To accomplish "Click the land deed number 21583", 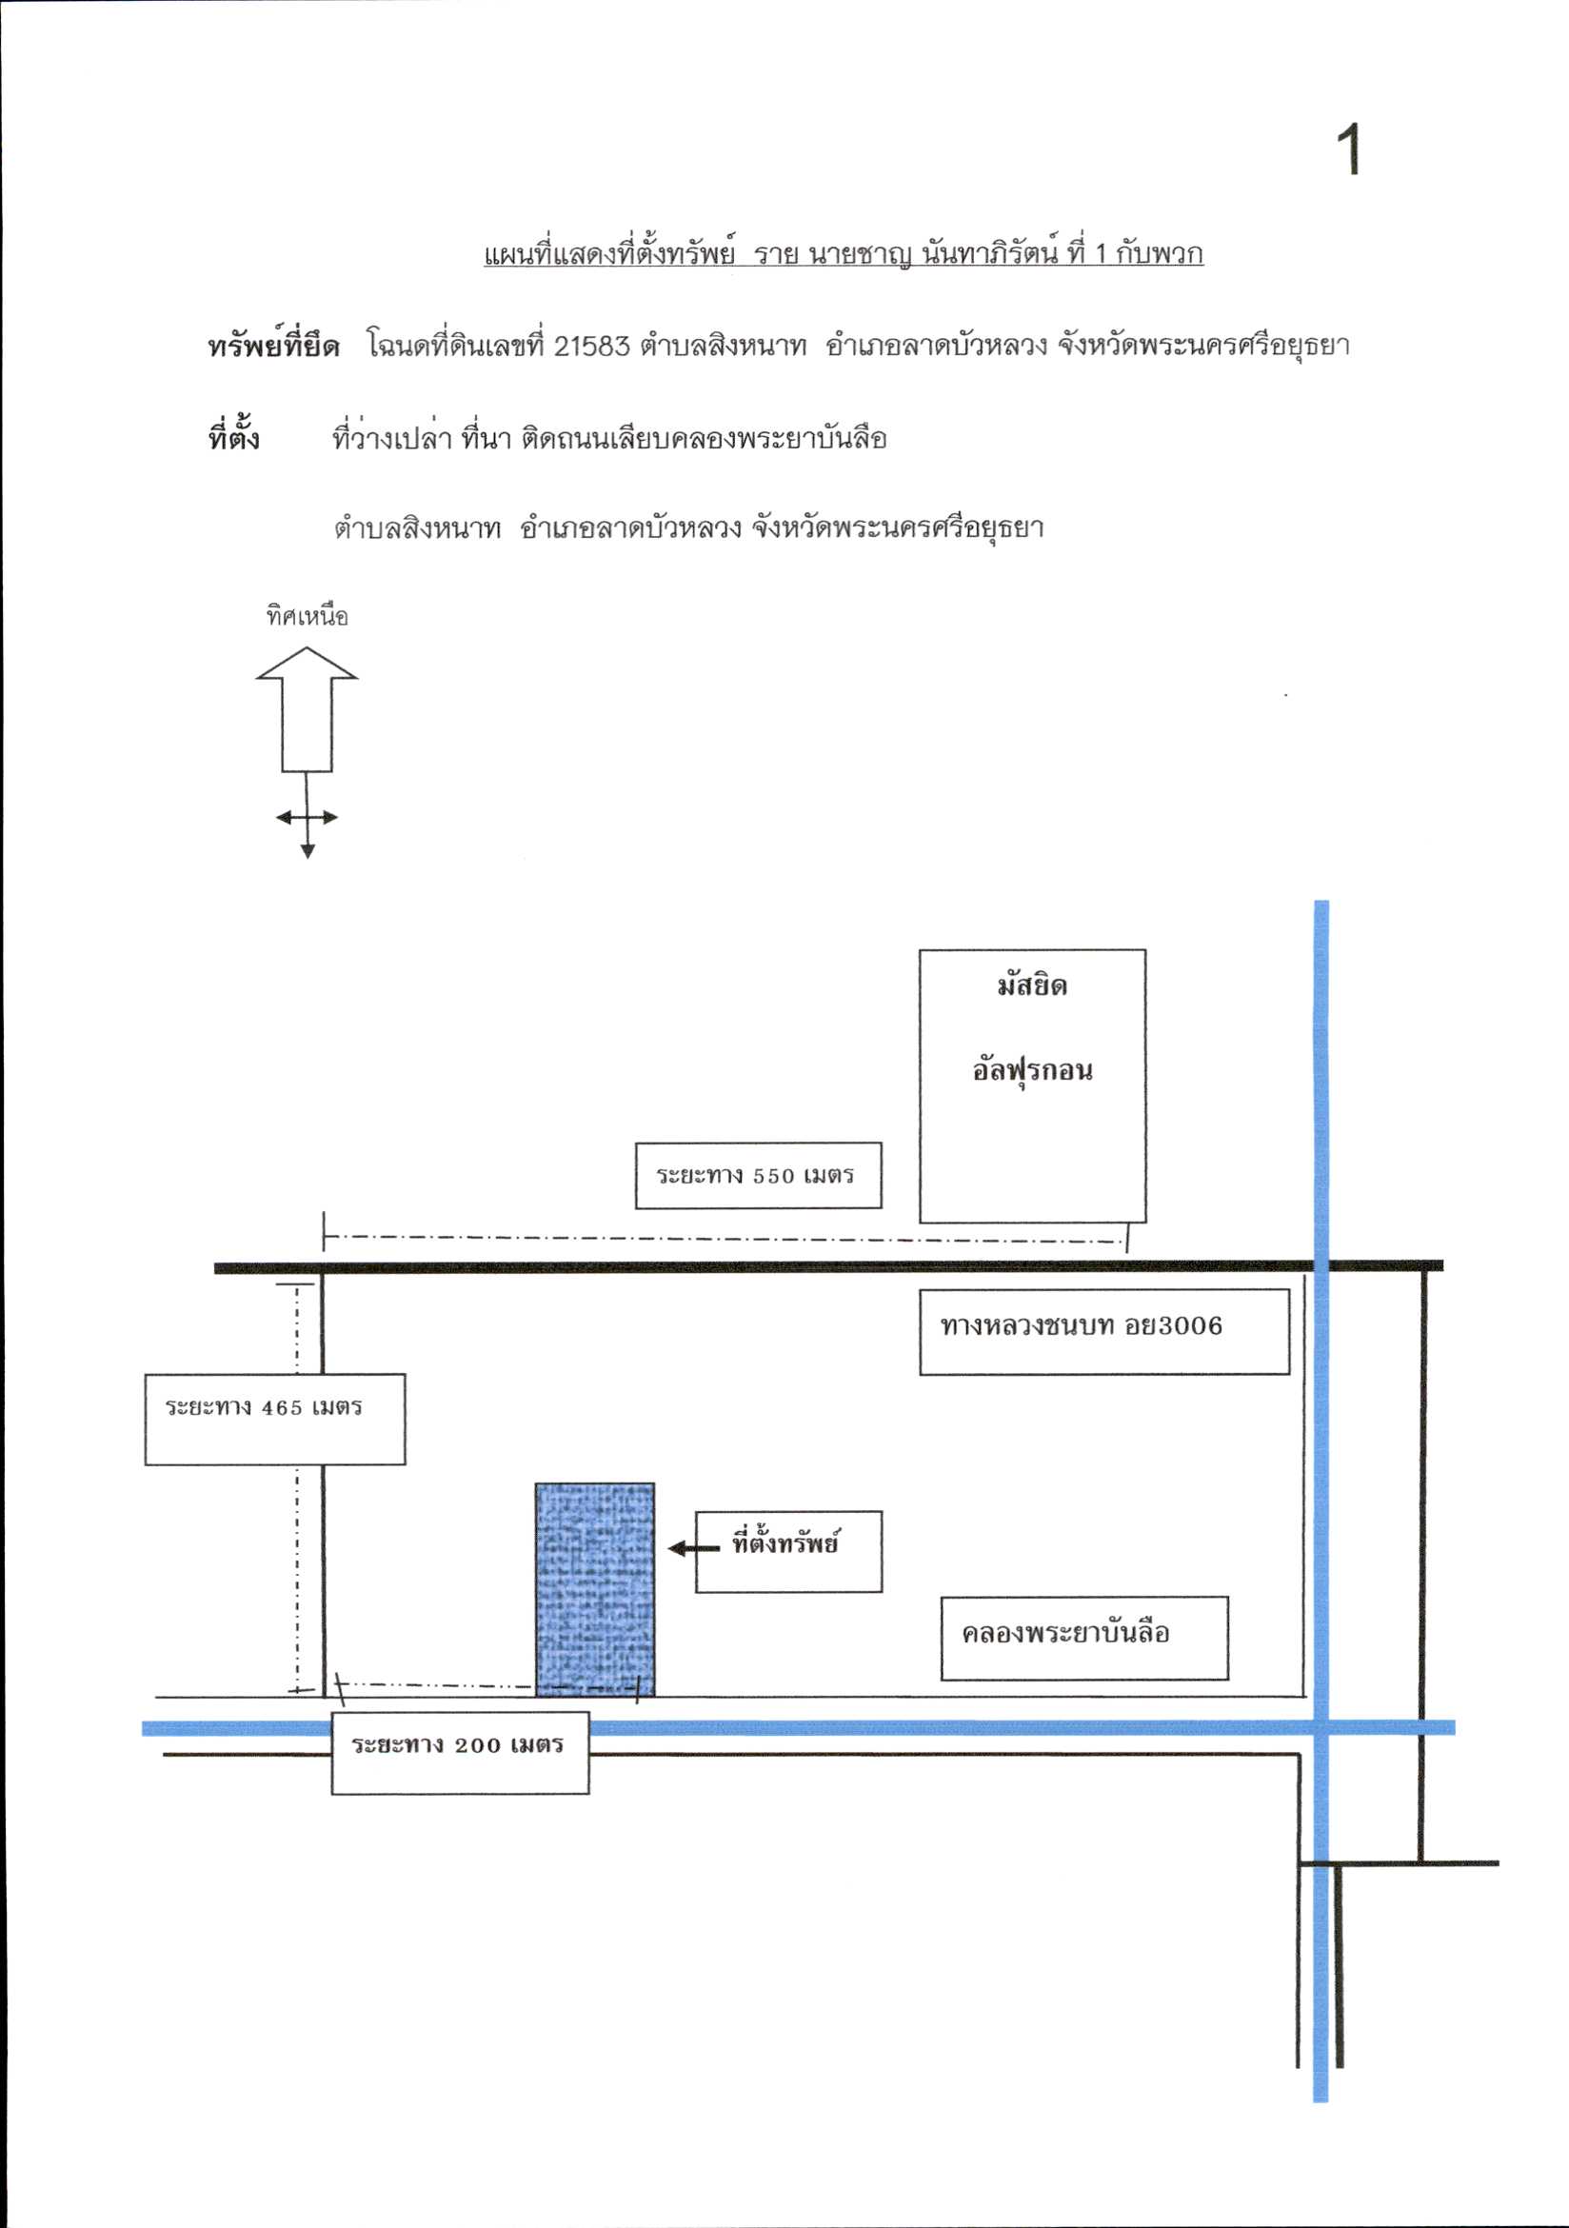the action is (592, 347).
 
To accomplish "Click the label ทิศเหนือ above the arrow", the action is (307, 615).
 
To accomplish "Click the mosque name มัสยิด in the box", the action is (1032, 985).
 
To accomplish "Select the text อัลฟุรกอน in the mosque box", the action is (1032, 1070).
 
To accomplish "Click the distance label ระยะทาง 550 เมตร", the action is (755, 1175).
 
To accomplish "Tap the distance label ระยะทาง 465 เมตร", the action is (263, 1407).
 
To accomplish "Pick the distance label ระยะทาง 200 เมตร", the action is (457, 1744).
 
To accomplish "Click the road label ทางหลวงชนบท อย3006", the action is (1081, 1325).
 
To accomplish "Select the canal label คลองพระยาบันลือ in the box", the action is (1065, 1633).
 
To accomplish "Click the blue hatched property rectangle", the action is (595, 1589).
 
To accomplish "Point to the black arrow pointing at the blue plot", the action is (694, 1548).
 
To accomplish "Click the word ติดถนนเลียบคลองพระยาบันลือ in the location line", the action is (704, 439).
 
